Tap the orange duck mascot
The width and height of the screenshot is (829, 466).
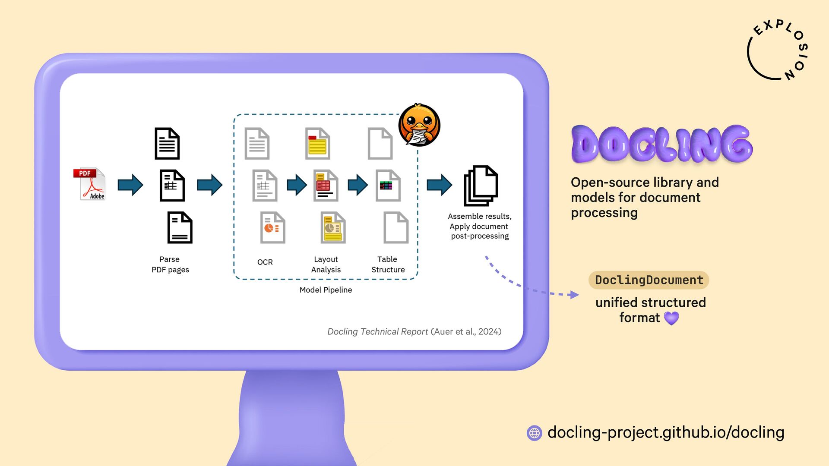[x=419, y=125]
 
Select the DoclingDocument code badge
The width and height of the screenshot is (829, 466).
[x=649, y=280]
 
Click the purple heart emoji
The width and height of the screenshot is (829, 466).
[x=671, y=318]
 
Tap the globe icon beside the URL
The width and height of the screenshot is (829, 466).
[x=535, y=433]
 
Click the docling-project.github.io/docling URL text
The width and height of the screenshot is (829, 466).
[x=666, y=432]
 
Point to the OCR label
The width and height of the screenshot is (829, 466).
[x=265, y=262]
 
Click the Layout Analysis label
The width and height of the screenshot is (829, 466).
[x=326, y=264]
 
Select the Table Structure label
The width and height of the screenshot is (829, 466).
[x=388, y=264]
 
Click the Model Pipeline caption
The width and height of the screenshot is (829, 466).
[x=326, y=290]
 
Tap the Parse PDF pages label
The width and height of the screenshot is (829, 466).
[x=170, y=264]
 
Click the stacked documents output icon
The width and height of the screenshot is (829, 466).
[x=480, y=186]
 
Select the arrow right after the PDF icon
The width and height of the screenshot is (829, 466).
[x=130, y=185]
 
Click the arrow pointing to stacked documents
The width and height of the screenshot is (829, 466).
[x=439, y=185]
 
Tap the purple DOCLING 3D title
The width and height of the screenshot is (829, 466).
[x=661, y=144]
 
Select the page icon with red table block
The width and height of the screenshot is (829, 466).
[x=326, y=186]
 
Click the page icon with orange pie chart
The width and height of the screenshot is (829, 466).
[x=272, y=227]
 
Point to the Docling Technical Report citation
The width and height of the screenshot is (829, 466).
[x=414, y=331]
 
